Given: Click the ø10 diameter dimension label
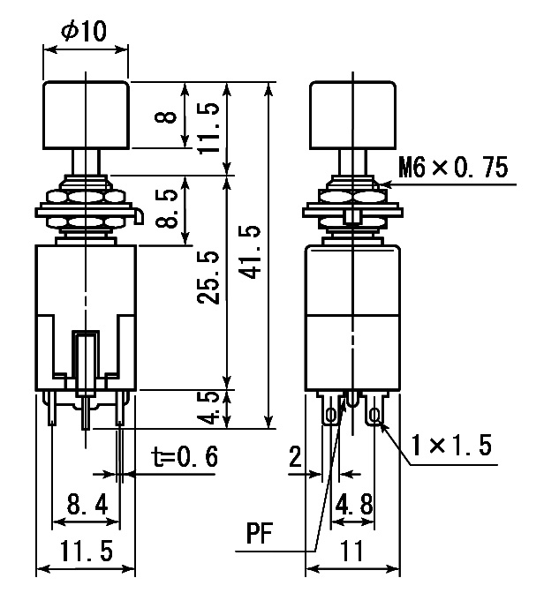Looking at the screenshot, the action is tap(84, 31).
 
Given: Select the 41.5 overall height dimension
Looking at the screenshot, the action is tap(251, 251).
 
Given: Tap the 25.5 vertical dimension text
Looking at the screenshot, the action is tap(208, 277).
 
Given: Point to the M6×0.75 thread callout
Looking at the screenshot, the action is tap(453, 168).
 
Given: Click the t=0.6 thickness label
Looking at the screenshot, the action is tap(185, 457).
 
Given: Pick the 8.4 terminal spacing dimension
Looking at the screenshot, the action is tap(87, 504).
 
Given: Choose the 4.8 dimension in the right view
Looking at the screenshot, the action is tap(354, 504).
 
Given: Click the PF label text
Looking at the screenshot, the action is tap(260, 533).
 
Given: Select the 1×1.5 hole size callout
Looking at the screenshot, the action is tap(451, 445).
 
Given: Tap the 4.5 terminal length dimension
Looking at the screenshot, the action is tap(208, 409).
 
